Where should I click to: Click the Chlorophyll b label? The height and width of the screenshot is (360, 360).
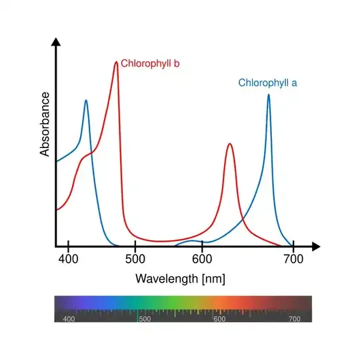tap(150, 63)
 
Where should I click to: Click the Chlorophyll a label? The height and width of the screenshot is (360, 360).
tap(267, 83)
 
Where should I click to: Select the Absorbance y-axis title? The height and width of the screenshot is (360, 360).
tap(45, 124)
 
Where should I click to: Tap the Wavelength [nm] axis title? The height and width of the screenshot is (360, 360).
tap(180, 279)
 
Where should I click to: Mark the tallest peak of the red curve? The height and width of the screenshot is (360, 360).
tap(116, 63)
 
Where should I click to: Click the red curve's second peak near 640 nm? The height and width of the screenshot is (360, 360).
tap(229, 144)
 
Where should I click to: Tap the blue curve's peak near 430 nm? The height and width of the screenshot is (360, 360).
tap(86, 101)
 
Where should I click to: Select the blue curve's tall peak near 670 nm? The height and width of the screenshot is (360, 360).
tap(269, 95)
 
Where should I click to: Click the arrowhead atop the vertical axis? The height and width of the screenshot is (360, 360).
tap(57, 41)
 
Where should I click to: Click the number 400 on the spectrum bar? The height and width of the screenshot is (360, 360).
tap(68, 319)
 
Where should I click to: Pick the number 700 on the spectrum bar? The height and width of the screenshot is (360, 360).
tap(294, 319)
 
